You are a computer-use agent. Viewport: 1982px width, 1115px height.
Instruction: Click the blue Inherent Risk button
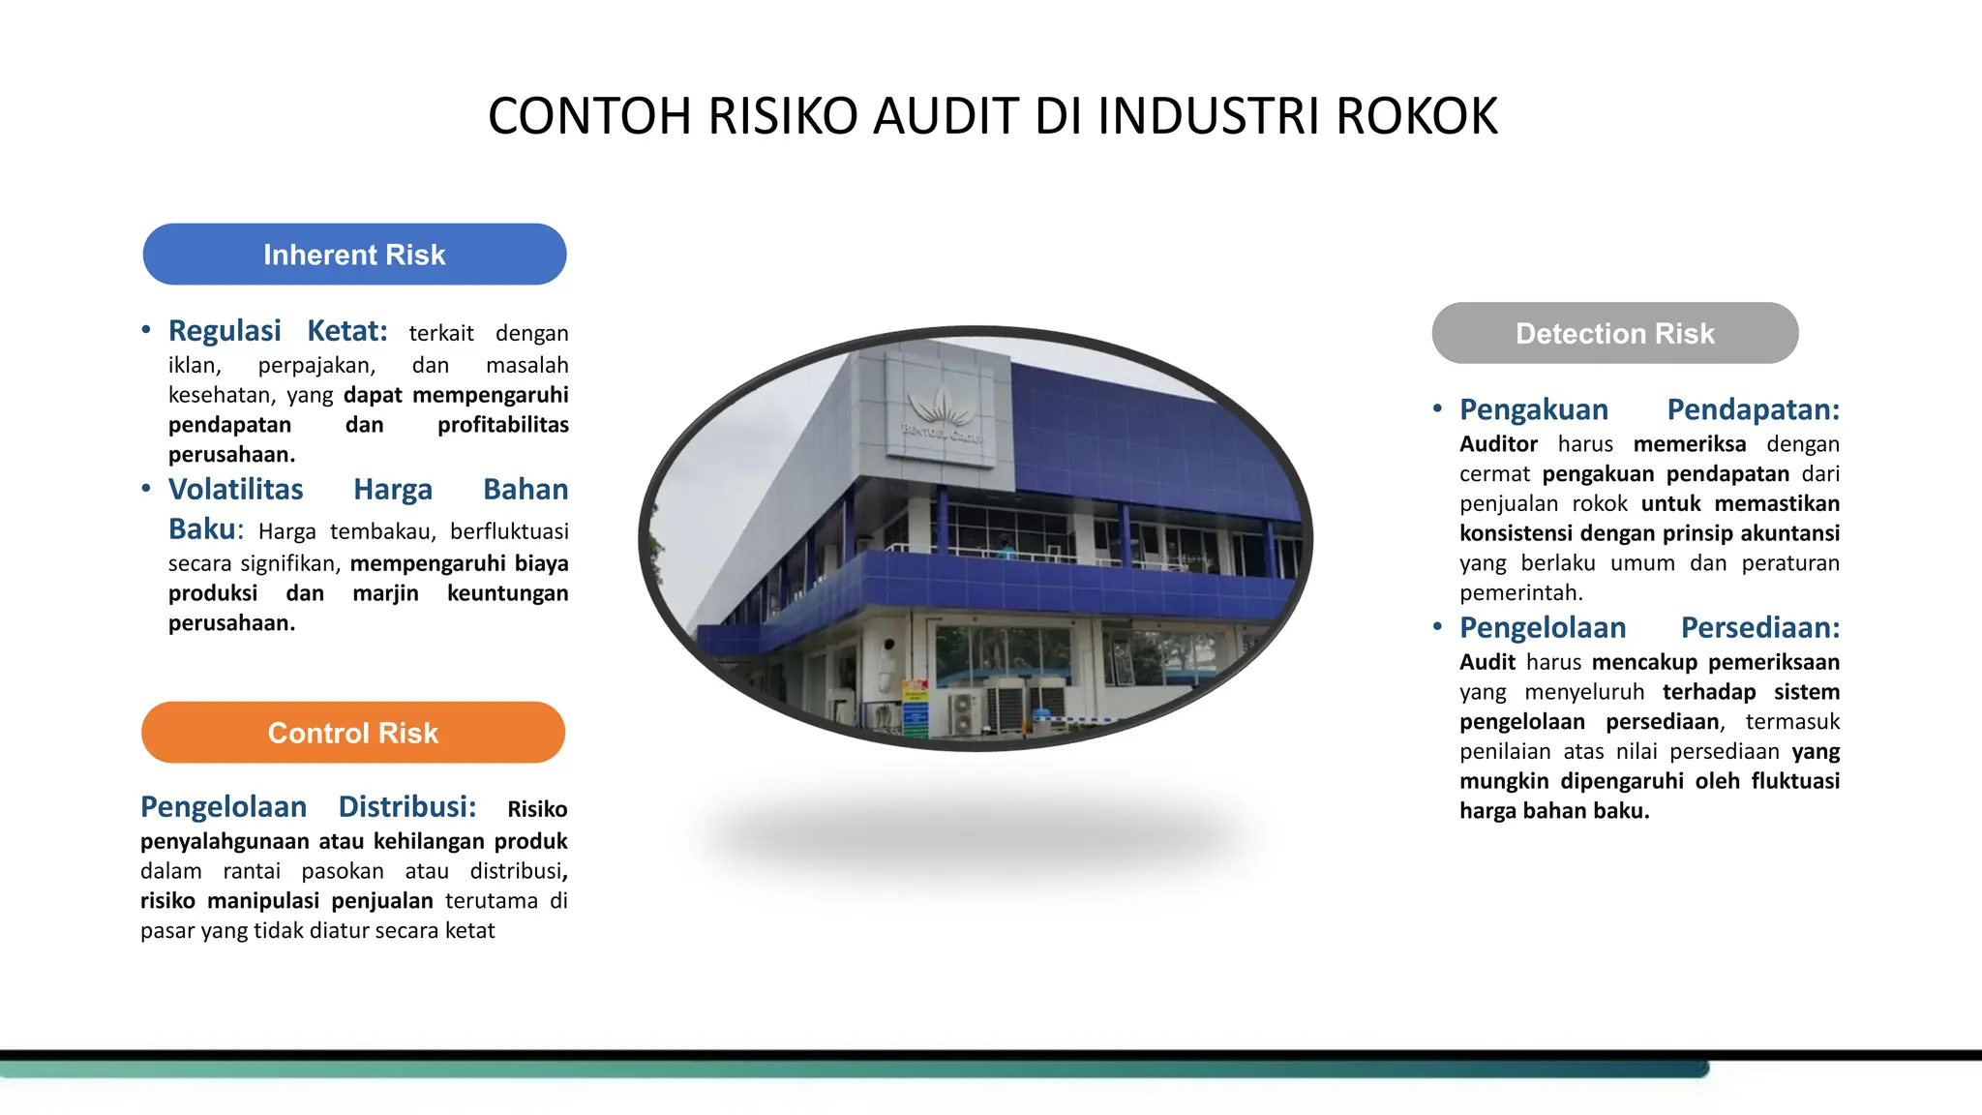point(354,255)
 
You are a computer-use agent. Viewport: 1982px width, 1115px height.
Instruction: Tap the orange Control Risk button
point(353,733)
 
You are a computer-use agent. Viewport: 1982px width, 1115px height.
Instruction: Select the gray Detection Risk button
point(1614,333)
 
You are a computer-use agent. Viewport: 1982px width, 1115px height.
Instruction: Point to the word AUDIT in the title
point(946,116)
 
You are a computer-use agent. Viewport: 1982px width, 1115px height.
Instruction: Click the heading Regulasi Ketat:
point(278,331)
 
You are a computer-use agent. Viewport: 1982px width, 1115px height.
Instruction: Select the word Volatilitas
point(235,490)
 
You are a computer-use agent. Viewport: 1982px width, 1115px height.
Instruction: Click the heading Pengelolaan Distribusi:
point(308,806)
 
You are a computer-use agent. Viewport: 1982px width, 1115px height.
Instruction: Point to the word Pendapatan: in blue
point(1753,409)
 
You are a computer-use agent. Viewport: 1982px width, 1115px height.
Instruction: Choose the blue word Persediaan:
point(1759,627)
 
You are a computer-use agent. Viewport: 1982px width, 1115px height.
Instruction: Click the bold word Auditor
point(1498,444)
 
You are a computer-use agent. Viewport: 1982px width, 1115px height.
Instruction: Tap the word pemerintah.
point(1520,592)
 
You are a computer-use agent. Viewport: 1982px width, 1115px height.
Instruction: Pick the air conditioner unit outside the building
point(964,713)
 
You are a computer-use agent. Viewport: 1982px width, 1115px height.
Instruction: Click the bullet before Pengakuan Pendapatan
point(1437,408)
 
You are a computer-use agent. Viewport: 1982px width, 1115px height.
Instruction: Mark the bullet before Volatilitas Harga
point(146,489)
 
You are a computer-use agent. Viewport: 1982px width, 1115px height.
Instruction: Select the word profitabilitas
point(502,425)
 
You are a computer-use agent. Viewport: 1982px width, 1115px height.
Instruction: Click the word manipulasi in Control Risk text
point(263,901)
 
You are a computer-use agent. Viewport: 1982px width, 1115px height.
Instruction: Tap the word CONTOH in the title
point(589,116)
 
